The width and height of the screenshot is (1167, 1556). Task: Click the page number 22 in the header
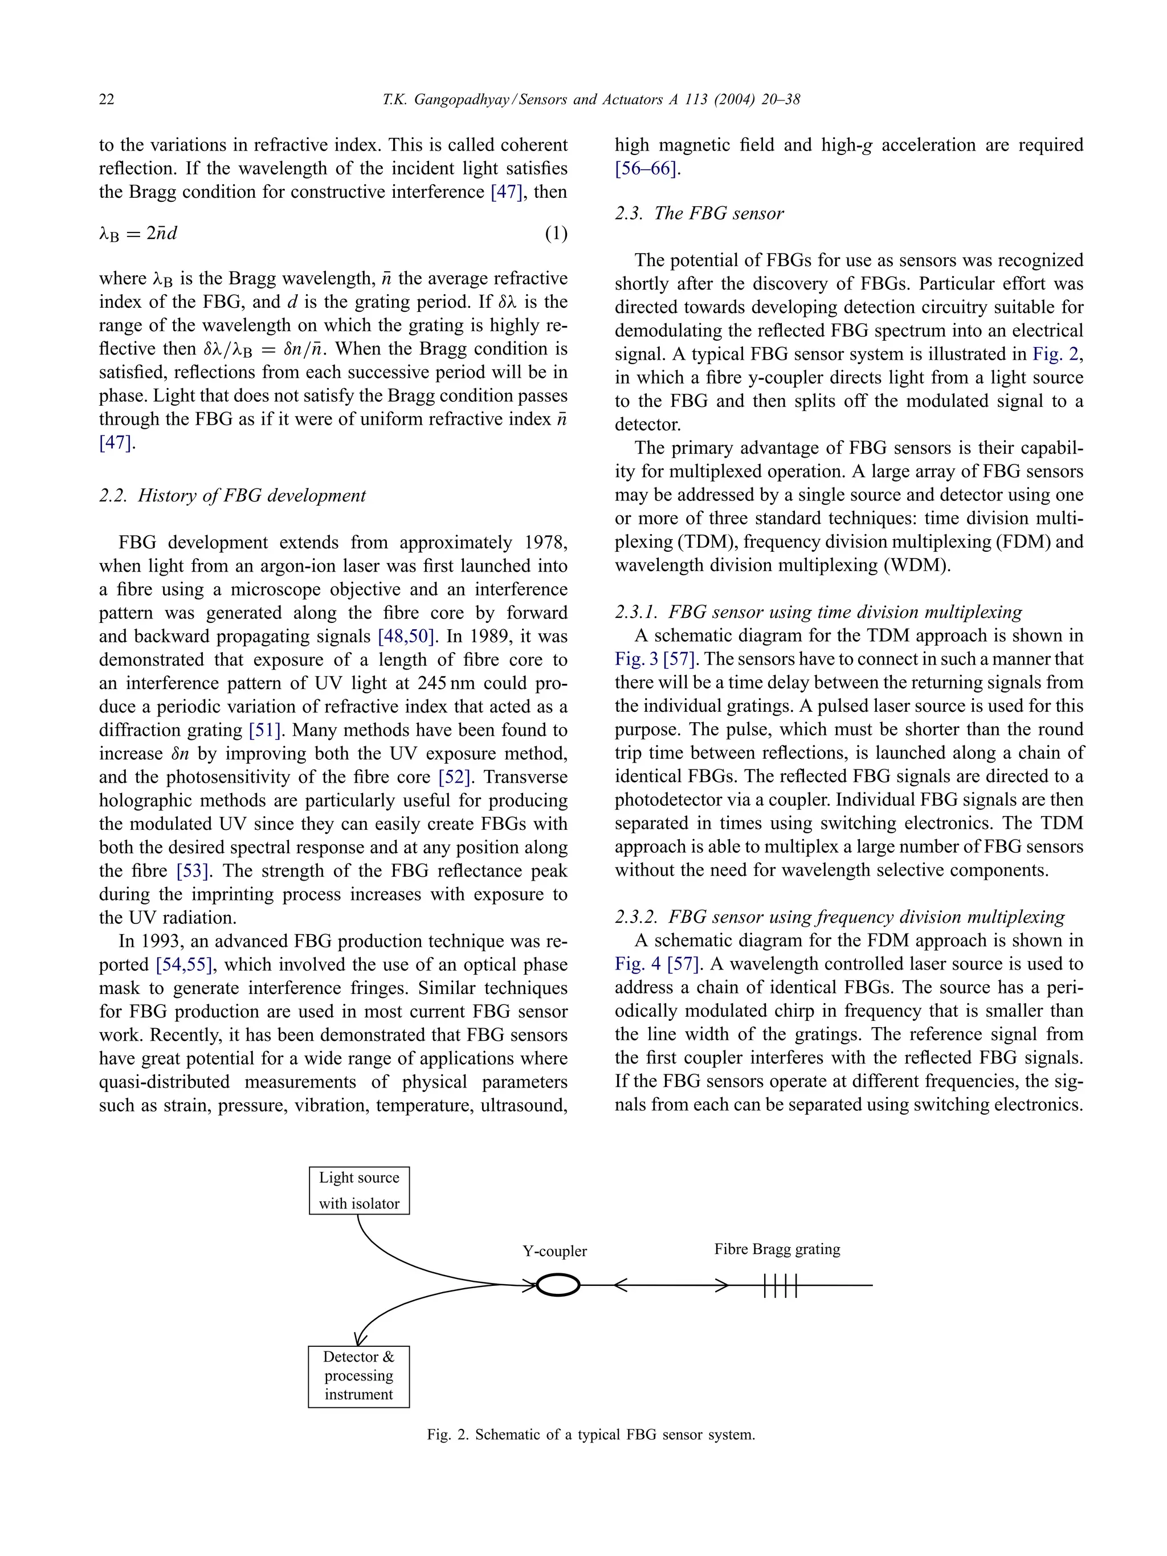pos(106,99)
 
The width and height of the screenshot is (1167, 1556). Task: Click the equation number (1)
pos(556,234)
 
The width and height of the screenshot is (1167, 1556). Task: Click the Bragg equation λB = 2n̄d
pos(138,234)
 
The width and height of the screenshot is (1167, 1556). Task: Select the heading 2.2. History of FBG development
pos(232,495)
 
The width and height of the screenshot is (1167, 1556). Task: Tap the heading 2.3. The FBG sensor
pos(699,213)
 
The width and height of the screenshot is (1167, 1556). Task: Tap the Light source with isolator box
pos(359,1190)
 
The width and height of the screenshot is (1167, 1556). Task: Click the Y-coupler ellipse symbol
pos(558,1285)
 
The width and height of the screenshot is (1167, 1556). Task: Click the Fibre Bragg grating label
pos(777,1249)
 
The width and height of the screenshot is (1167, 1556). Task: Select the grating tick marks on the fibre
pos(780,1285)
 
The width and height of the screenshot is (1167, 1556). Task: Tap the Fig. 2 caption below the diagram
pos(590,1434)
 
